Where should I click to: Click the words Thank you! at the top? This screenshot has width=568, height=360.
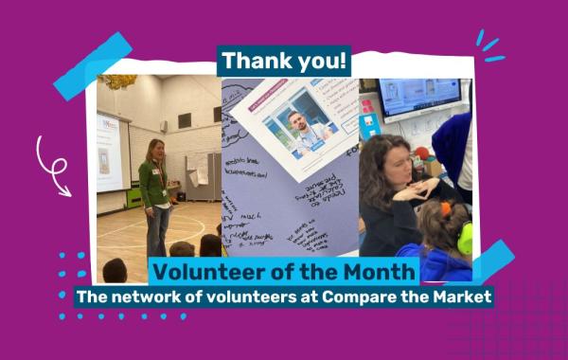pyautogui.click(x=284, y=62)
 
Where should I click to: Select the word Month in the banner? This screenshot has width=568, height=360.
pyautogui.click(x=377, y=272)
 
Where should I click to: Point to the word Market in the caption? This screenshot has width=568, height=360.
pyautogui.click(x=461, y=297)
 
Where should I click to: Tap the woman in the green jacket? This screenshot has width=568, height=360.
pyautogui.click(x=155, y=194)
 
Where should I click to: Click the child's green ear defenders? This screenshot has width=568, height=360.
pyautogui.click(x=463, y=238)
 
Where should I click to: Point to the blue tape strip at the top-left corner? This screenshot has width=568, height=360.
pyautogui.click(x=92, y=65)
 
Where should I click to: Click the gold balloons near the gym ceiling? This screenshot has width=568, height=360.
pyautogui.click(x=119, y=82)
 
